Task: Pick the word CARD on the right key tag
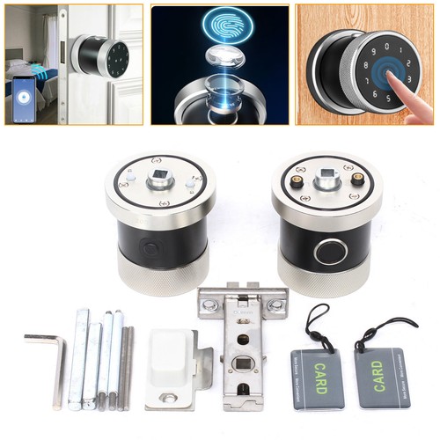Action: coord(379,373)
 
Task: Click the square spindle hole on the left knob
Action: coord(160,185)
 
